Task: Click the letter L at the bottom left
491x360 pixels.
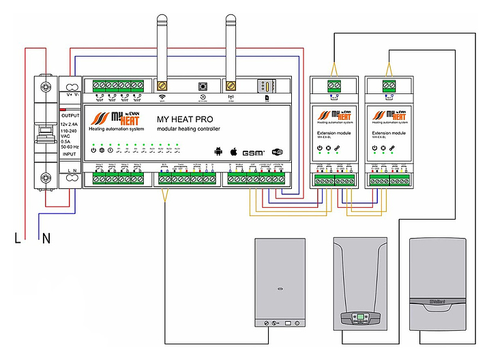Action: point(18,239)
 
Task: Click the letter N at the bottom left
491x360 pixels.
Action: point(46,239)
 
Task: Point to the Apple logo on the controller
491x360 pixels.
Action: point(233,151)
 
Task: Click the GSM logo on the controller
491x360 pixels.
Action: point(255,152)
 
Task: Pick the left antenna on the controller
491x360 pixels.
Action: point(162,48)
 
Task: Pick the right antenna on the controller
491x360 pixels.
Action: point(230,48)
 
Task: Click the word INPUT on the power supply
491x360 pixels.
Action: point(70,154)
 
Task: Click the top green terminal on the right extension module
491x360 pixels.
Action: point(389,85)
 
